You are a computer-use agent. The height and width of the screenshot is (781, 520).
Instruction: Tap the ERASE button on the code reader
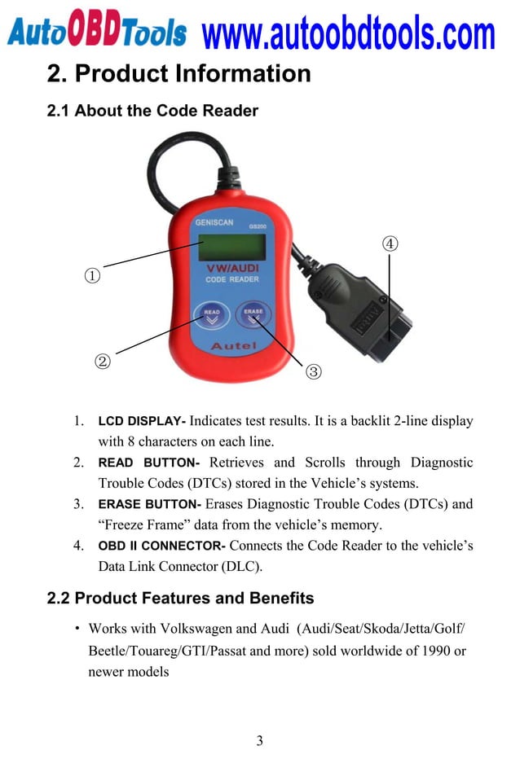click(253, 316)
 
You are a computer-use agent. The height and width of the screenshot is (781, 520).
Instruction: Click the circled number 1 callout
click(94, 275)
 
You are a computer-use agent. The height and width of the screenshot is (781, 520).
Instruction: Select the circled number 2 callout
click(102, 361)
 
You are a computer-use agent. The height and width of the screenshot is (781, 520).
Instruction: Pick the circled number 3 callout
click(313, 372)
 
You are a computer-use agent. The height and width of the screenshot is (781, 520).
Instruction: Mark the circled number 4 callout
click(390, 244)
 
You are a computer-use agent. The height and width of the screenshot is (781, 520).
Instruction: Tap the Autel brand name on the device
click(234, 346)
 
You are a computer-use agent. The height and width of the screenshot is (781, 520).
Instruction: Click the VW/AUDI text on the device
click(232, 267)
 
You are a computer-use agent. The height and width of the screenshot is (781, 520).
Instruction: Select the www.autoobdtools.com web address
click(348, 33)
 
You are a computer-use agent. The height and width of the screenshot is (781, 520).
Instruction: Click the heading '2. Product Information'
click(178, 74)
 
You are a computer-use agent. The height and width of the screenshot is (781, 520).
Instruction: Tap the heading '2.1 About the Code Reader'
click(152, 111)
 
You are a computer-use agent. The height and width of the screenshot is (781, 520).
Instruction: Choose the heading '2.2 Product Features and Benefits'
click(180, 599)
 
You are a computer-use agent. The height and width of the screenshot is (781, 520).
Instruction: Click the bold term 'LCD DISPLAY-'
click(142, 422)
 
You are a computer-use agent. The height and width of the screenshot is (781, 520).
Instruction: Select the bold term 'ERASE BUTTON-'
click(149, 504)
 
